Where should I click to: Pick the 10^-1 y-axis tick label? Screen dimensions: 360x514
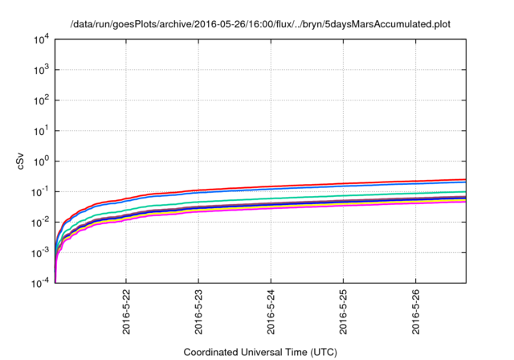tap(40, 191)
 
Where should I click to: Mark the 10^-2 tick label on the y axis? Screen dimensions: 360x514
tap(40, 222)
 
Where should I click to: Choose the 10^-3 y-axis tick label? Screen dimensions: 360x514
tap(40, 252)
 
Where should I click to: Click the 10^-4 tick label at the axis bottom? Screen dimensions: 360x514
tap(40, 282)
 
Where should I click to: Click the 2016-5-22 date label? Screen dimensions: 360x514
tap(126, 310)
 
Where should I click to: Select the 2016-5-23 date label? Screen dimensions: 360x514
tap(198, 310)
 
